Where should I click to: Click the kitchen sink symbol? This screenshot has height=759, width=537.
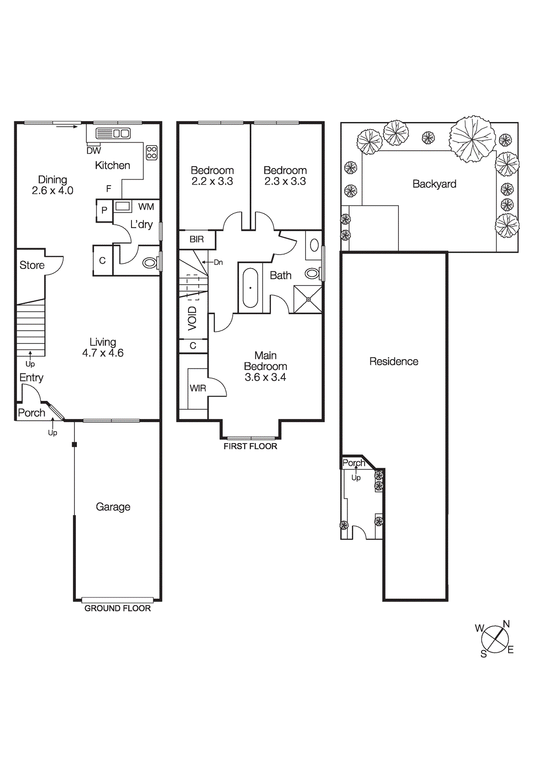pyautogui.click(x=113, y=133)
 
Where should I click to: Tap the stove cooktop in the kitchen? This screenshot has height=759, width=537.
pyautogui.click(x=151, y=152)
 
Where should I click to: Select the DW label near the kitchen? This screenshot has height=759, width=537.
pyautogui.click(x=94, y=151)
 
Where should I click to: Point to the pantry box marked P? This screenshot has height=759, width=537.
pyautogui.click(x=104, y=210)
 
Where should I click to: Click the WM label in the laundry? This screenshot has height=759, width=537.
pyautogui.click(x=146, y=206)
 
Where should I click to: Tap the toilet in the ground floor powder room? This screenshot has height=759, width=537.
pyautogui.click(x=150, y=262)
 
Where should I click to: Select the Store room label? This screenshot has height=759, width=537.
pyautogui.click(x=32, y=265)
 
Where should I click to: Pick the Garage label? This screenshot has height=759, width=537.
pyautogui.click(x=113, y=507)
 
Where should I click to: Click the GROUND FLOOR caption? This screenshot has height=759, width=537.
pyautogui.click(x=117, y=608)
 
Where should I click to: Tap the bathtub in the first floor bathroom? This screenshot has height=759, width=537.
pyautogui.click(x=250, y=288)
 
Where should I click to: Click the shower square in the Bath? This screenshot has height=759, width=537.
pyautogui.click(x=308, y=299)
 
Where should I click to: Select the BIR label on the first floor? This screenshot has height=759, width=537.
pyautogui.click(x=197, y=239)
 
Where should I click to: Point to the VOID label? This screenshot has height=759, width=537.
pyautogui.click(x=192, y=318)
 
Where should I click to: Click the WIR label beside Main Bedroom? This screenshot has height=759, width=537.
pyautogui.click(x=198, y=388)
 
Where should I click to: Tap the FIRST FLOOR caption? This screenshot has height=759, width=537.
pyautogui.click(x=250, y=446)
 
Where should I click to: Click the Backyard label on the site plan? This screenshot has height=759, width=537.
pyautogui.click(x=434, y=184)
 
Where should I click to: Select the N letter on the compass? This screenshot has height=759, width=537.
pyautogui.click(x=506, y=624)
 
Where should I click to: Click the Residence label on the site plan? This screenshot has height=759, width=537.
pyautogui.click(x=394, y=361)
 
